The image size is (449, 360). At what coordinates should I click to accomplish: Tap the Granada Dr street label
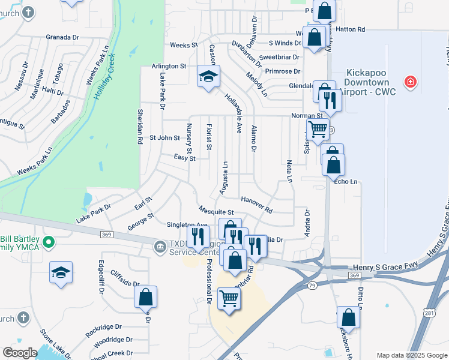[x=62, y=37]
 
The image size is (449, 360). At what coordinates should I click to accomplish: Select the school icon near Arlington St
[x=208, y=76]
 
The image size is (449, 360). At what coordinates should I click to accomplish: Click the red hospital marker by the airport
[x=411, y=81]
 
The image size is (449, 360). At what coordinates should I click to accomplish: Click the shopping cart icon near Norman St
[x=318, y=128]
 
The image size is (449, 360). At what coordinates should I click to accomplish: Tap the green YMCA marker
[x=50, y=243]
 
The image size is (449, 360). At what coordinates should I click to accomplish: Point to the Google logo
[x=20, y=353]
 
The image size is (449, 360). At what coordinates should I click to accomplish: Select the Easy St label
[x=184, y=158]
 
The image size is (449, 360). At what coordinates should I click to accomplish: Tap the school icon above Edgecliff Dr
[x=61, y=272]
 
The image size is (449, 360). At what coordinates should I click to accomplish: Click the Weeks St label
[x=184, y=45]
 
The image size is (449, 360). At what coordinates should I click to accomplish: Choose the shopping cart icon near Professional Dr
[x=229, y=298]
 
